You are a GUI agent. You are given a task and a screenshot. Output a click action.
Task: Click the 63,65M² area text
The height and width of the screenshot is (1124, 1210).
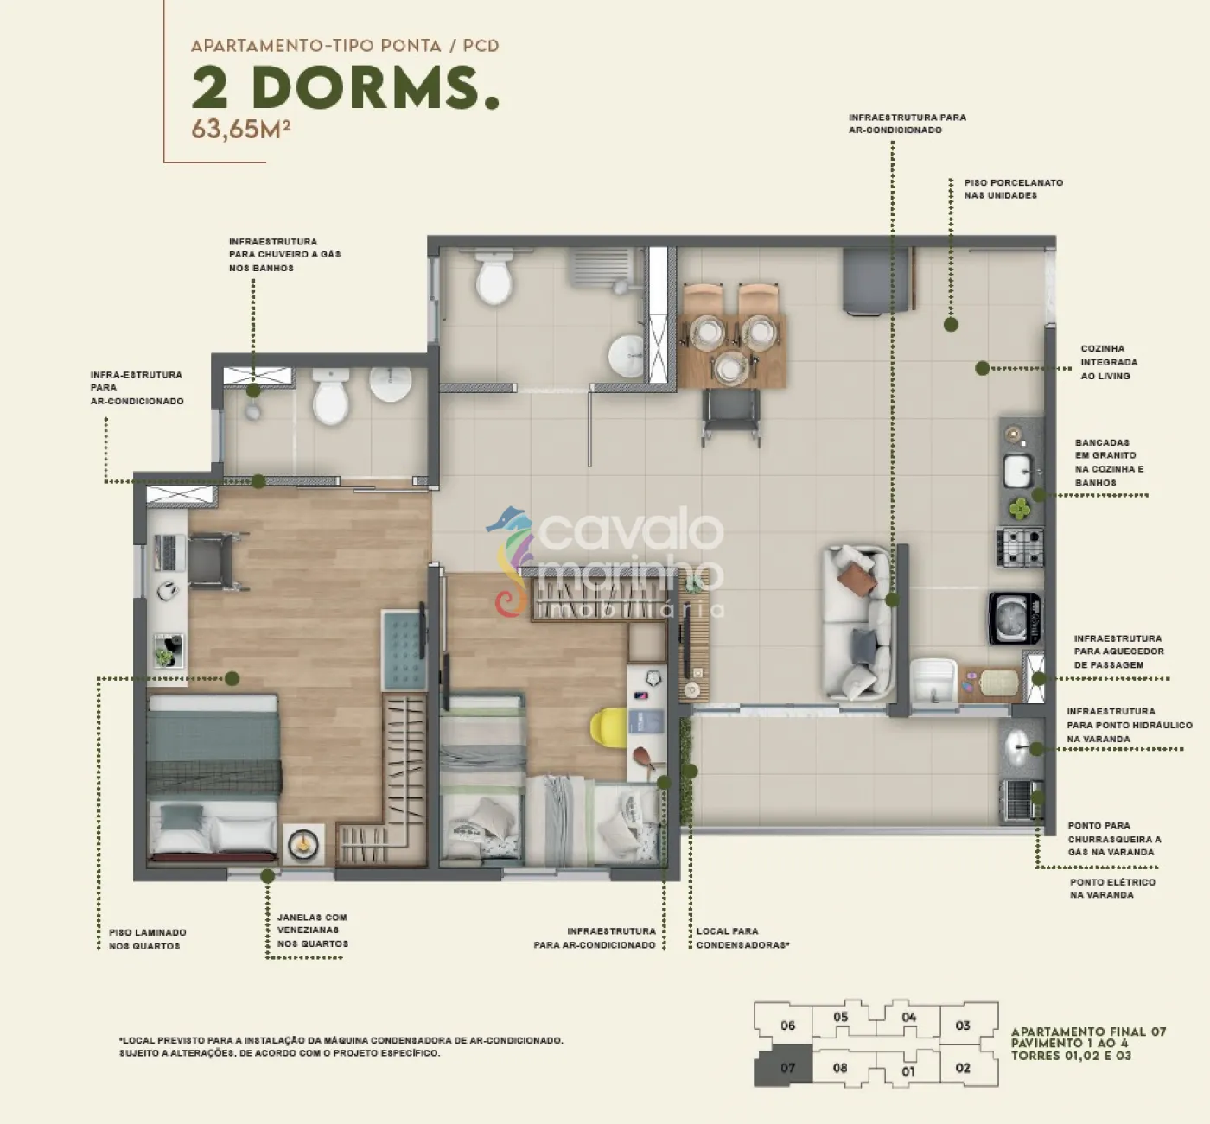240,129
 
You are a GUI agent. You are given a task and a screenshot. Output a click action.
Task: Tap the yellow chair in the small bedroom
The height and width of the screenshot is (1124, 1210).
608,727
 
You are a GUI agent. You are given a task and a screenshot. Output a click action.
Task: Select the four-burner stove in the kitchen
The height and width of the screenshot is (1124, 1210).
1020,547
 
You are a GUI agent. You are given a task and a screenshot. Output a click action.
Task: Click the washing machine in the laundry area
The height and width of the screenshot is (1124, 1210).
1015,618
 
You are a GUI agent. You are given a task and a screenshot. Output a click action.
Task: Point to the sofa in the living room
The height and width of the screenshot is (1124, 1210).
857,622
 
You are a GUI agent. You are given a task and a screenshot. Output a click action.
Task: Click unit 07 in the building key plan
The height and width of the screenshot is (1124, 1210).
783,1068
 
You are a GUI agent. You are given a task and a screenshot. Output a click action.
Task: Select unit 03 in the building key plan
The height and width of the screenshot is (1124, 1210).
963,1026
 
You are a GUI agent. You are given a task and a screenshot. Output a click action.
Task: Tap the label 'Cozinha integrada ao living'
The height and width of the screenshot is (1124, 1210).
1109,363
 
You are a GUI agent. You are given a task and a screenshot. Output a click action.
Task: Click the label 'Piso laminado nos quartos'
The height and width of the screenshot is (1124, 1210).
148,939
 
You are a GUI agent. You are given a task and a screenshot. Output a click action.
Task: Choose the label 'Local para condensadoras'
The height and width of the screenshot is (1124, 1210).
742,938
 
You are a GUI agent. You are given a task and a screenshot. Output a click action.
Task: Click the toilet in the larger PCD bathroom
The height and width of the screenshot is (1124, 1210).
494,276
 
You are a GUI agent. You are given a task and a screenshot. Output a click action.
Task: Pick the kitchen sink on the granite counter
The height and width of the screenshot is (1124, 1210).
1017,472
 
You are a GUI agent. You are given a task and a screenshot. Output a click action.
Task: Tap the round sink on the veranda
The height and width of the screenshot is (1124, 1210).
1021,749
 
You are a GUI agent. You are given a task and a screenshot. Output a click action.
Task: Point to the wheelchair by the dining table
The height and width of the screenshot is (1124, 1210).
731,416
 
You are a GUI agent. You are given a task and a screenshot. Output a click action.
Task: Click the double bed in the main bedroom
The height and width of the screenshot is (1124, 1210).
213,778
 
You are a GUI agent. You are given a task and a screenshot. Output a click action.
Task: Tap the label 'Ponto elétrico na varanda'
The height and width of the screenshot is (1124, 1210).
1112,888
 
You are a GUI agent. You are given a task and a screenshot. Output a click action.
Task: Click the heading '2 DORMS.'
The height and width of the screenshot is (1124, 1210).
346,87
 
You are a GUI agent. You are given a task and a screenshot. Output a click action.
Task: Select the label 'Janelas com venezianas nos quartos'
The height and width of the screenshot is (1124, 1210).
313,930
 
